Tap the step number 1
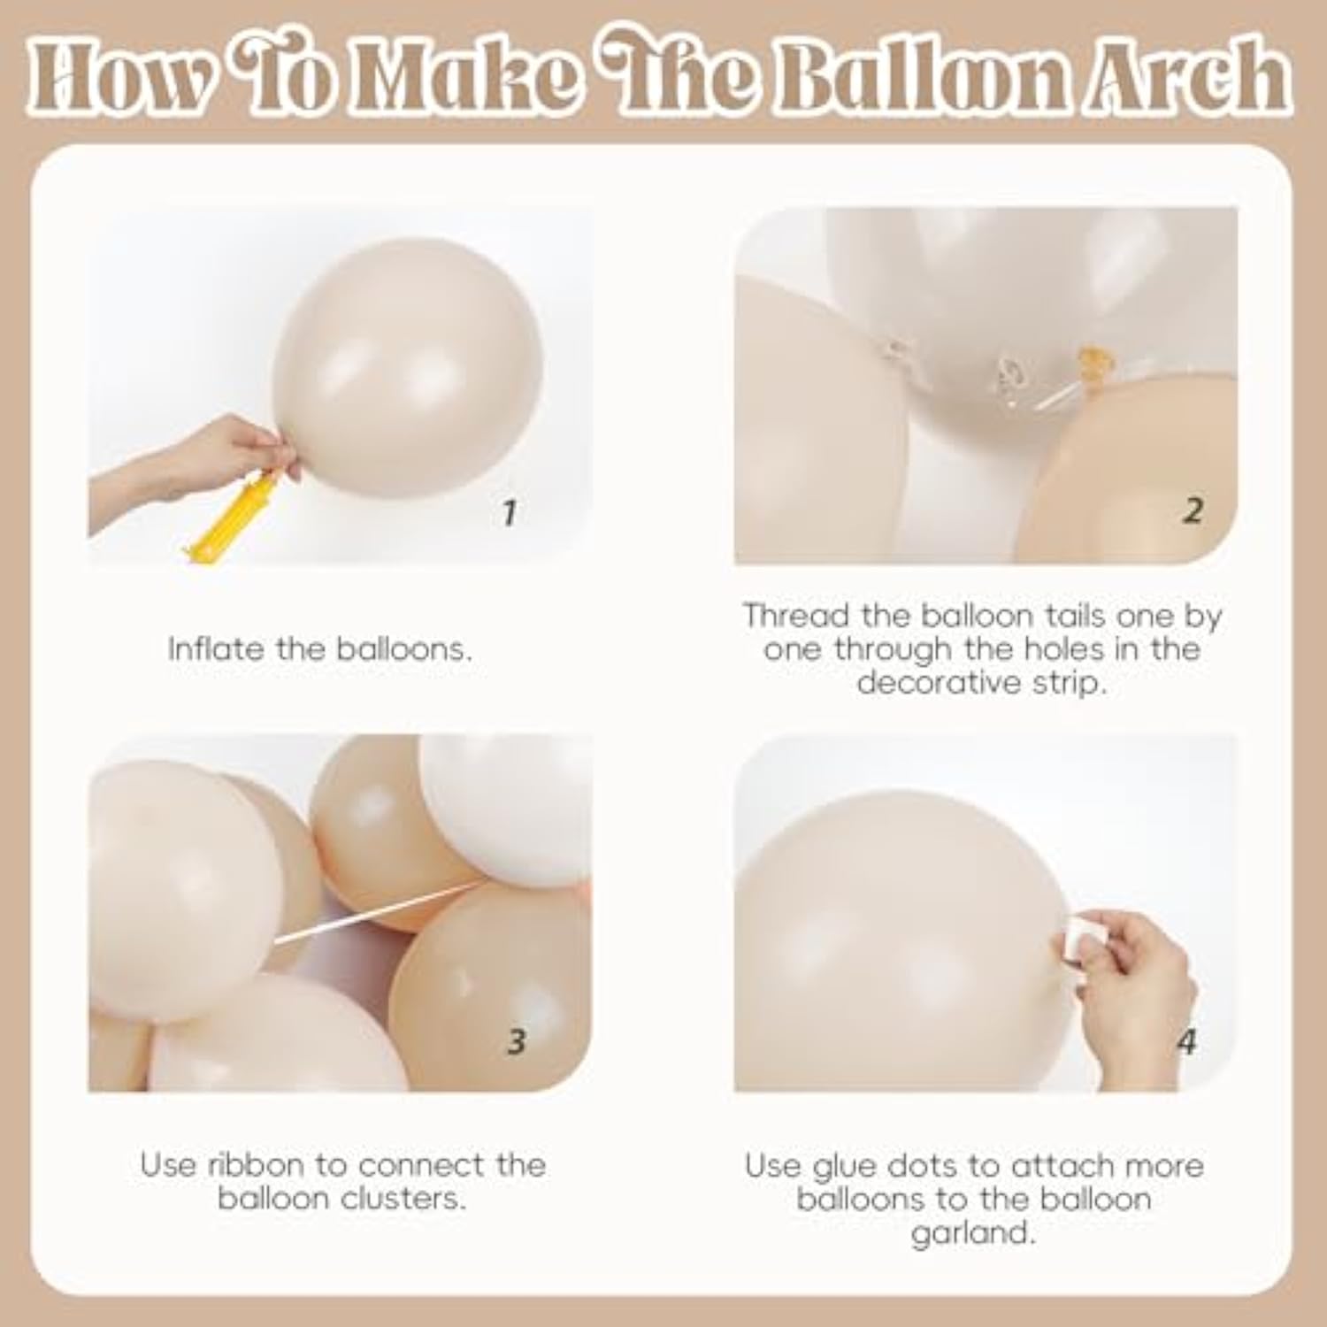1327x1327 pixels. click(x=508, y=512)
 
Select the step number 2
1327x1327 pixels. click(x=1193, y=510)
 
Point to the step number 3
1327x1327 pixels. click(x=517, y=1040)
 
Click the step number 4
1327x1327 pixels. click(x=1186, y=1041)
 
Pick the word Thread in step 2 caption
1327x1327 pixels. click(x=782, y=616)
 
